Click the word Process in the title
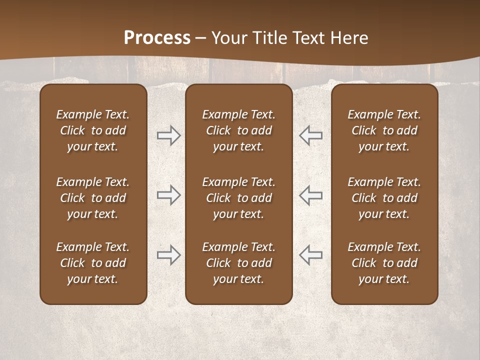click(157, 38)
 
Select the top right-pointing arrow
click(168, 135)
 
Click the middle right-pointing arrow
click(168, 194)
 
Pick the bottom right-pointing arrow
click(168, 255)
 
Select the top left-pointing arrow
click(311, 135)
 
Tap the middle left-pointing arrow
click(311, 194)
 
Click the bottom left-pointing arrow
click(311, 255)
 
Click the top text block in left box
click(93, 130)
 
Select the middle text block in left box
click(93, 198)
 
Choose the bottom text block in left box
click(93, 263)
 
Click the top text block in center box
click(238, 130)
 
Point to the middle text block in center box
click(238, 198)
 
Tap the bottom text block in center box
click(238, 263)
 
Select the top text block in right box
click(384, 130)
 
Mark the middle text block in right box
click(384, 198)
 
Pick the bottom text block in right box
click(384, 263)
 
